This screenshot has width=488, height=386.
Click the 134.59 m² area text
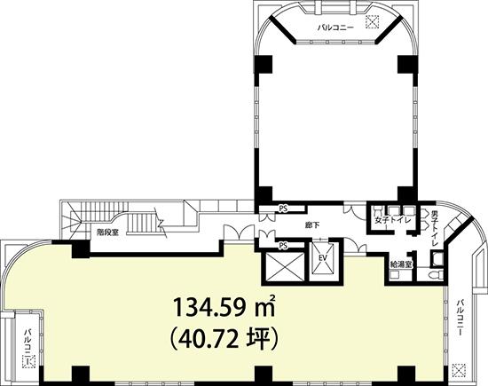224,307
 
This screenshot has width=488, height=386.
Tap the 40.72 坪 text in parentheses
224,339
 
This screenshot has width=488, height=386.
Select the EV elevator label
321,257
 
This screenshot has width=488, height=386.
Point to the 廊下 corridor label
312,225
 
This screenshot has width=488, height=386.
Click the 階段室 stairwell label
107,232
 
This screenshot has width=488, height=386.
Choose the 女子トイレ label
393,220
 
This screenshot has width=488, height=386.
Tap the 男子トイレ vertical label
435,228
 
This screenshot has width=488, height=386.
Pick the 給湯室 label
401,264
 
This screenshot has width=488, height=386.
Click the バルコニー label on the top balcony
335,28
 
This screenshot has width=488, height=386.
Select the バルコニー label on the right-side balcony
460,317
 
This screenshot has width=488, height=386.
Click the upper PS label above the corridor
283,209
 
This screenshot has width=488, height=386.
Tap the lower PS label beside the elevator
283,246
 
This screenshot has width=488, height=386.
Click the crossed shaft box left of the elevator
282,267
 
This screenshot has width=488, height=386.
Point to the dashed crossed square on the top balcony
373,22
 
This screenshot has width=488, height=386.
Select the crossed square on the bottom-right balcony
459,370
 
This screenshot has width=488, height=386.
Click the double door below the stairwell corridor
238,232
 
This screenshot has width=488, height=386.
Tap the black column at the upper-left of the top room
264,64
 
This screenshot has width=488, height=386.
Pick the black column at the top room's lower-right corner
407,195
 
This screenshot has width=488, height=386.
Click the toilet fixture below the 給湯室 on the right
436,275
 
